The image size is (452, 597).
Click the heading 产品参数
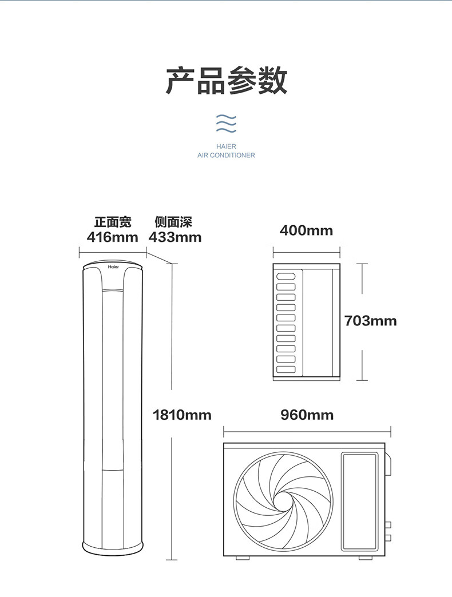[x=226, y=81]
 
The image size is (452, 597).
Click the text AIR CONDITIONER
[x=226, y=156]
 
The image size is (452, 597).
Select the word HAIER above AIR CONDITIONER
[x=226, y=146]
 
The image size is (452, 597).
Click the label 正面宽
[x=113, y=222]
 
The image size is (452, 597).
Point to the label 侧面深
[x=173, y=222]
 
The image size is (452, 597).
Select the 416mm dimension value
[x=113, y=237]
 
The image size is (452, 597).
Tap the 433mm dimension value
[x=175, y=237]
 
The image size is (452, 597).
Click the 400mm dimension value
[x=306, y=230]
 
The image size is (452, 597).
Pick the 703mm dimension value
[x=370, y=320]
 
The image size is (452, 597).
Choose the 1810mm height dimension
[x=182, y=415]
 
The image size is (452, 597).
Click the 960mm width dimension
[x=307, y=415]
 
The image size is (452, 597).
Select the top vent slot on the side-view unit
[x=286, y=276]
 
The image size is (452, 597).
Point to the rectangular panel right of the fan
[x=360, y=502]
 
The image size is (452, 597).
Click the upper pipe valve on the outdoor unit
[x=388, y=524]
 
